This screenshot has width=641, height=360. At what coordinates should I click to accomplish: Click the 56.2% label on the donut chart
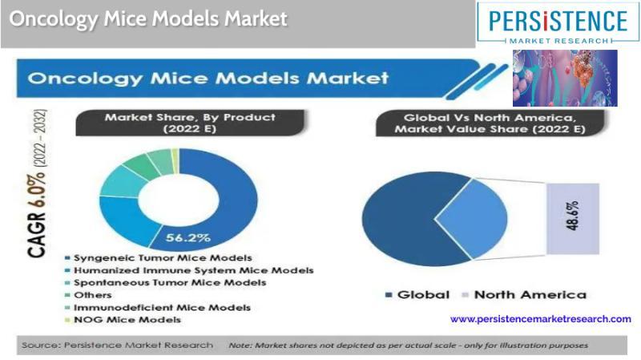[x=188, y=237]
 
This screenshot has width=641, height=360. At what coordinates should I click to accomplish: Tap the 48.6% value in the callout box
[x=573, y=215]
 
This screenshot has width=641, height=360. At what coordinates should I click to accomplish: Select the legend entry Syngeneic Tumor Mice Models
[x=158, y=258]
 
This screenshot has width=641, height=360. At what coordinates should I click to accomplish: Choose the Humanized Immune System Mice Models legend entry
[x=189, y=270]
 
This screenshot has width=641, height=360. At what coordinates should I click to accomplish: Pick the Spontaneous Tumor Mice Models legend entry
[x=165, y=283]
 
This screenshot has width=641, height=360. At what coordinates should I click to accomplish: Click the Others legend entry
[x=88, y=295]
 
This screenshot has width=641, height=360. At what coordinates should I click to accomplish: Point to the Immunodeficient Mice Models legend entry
[x=157, y=308]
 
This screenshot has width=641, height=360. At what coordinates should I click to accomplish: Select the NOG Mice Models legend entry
[x=123, y=320]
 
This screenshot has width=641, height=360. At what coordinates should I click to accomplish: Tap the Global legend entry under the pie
[x=417, y=294]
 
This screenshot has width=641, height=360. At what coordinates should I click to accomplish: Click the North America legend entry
[x=524, y=294]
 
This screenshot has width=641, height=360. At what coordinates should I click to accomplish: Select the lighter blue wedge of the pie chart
[x=476, y=219]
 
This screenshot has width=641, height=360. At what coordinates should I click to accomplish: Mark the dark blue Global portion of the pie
[x=397, y=219]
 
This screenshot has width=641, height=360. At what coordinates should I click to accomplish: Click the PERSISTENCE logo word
[x=558, y=22]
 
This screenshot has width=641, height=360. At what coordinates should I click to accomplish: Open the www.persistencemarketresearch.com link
[x=540, y=318]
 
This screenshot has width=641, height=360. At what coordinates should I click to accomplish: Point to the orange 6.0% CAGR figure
[x=36, y=190]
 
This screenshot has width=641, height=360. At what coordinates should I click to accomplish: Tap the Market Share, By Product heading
[x=190, y=123]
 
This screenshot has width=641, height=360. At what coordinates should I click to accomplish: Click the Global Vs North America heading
[x=490, y=123]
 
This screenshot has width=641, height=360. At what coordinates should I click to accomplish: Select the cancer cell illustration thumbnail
[x=565, y=78]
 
